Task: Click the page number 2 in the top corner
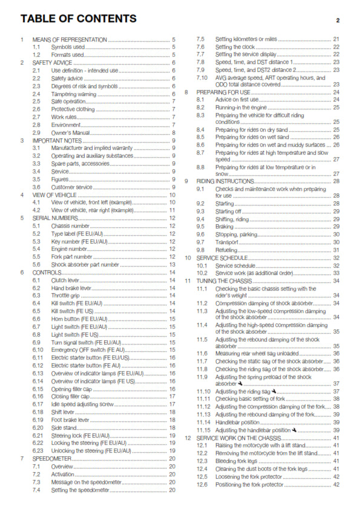pos(338,21)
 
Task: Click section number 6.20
pos(39,427)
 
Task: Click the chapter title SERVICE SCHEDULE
pos(223,258)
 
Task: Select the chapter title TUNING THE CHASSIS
pos(226,281)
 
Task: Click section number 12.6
pos(202,484)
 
